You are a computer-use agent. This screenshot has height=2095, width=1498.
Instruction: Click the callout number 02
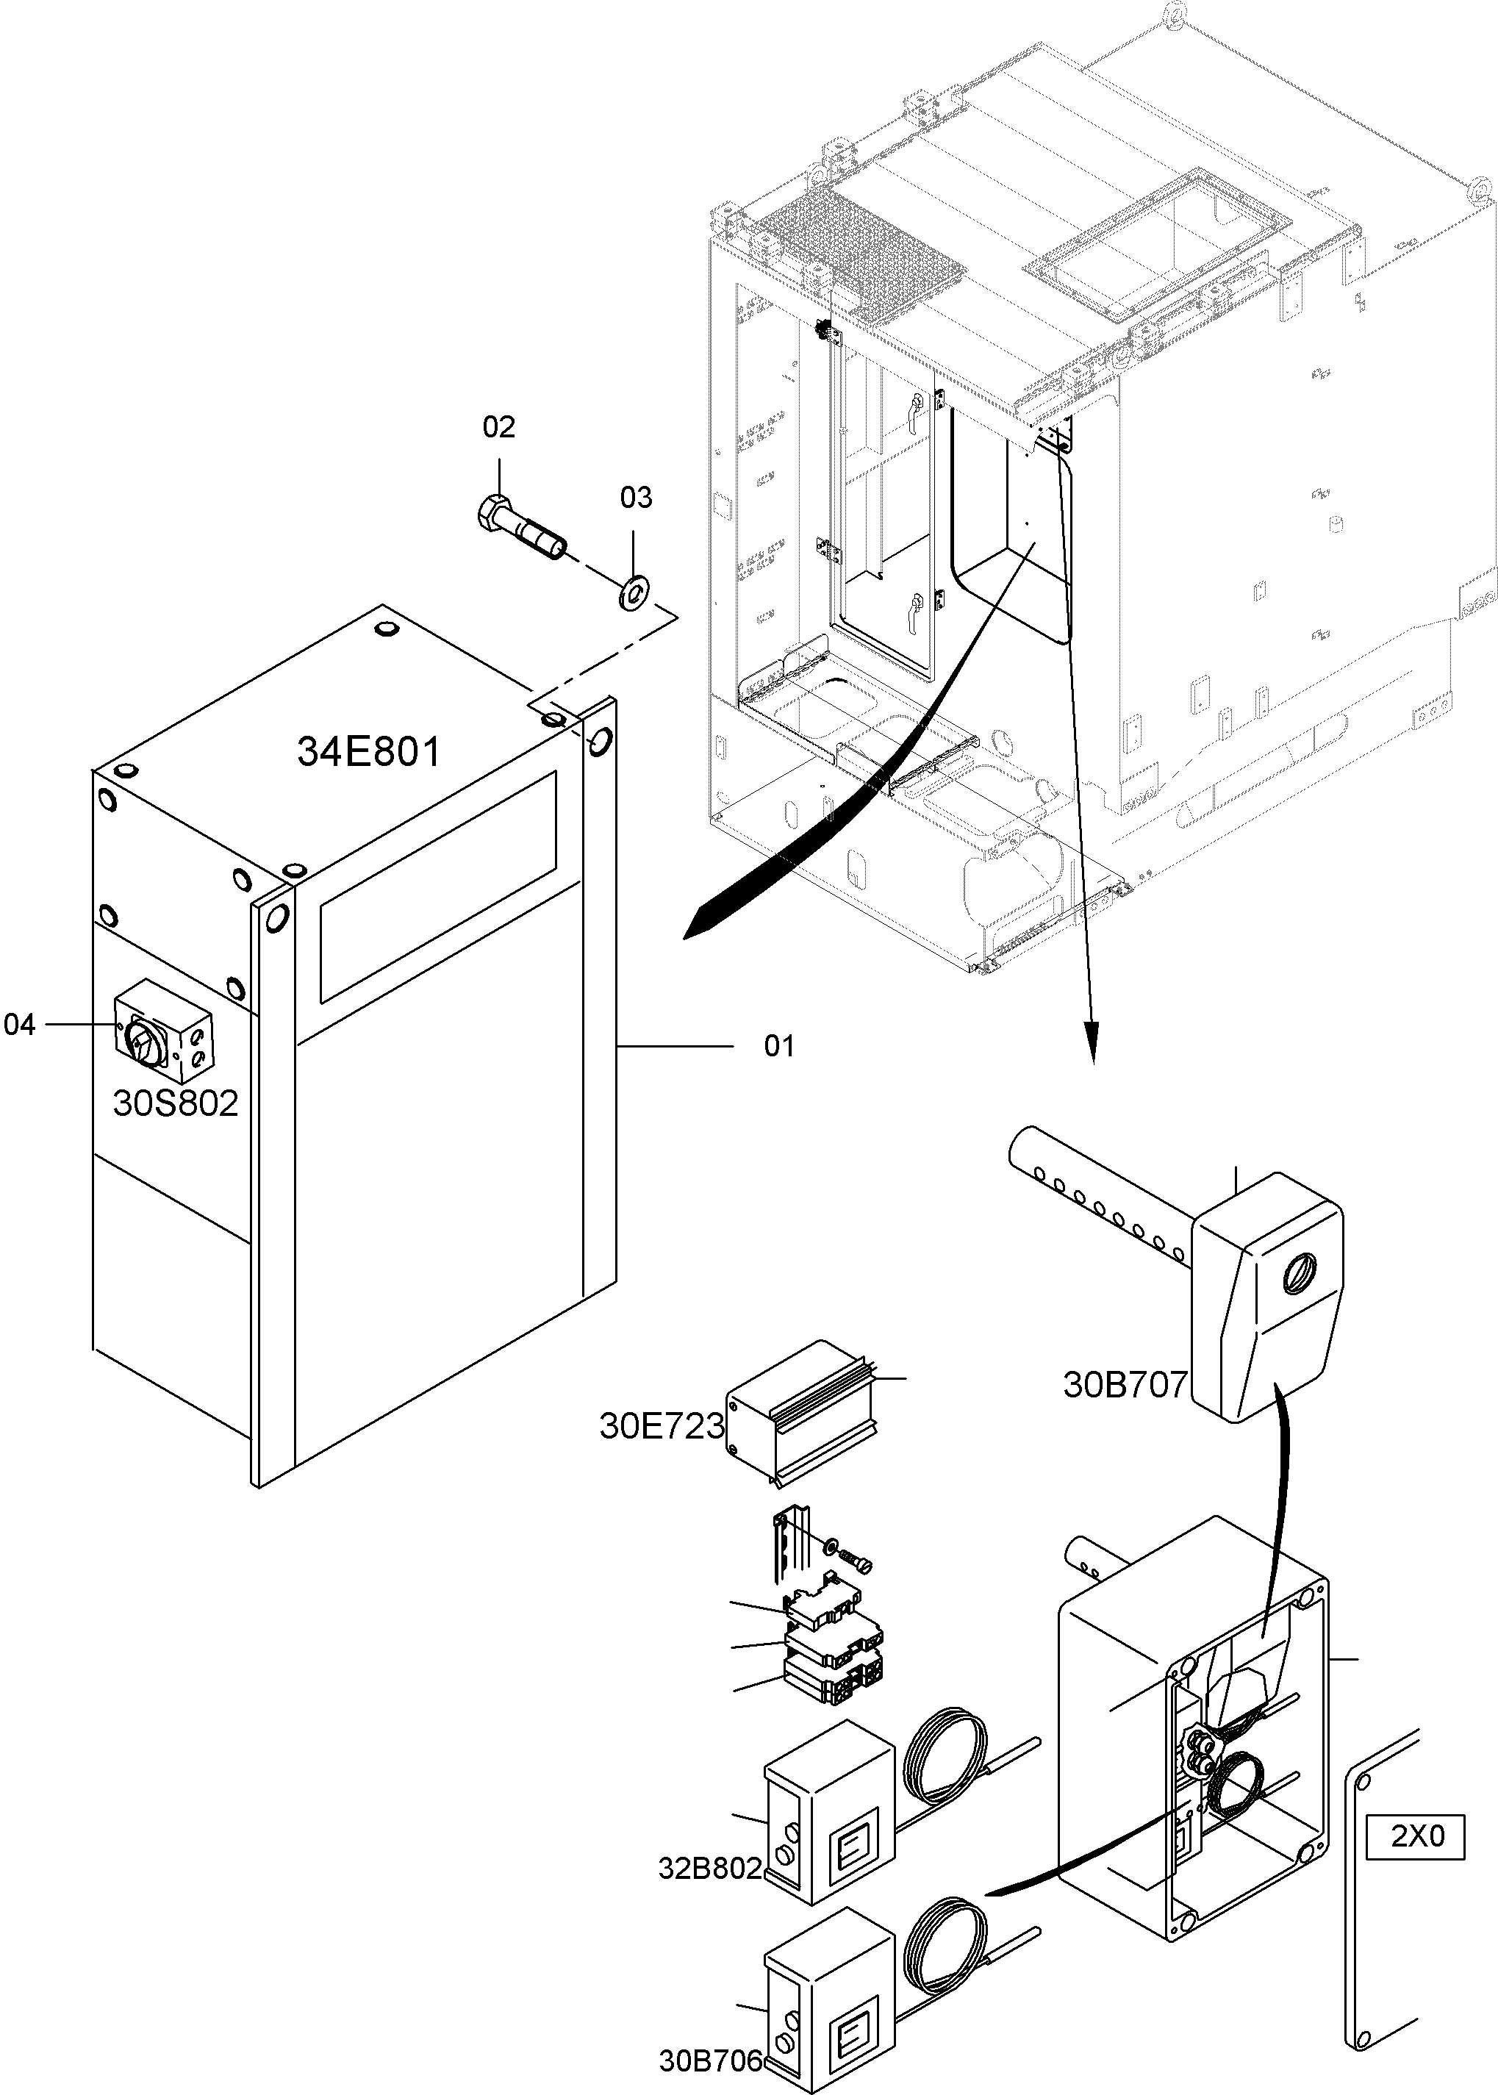pyautogui.click(x=498, y=427)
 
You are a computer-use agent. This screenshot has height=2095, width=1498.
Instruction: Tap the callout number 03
pyautogui.click(x=636, y=498)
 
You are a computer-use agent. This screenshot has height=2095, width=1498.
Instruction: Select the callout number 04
pyautogui.click(x=19, y=1025)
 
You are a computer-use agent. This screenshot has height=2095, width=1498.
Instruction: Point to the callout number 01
pyautogui.click(x=778, y=1046)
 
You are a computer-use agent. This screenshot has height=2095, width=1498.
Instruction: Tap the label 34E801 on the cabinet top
pyautogui.click(x=369, y=752)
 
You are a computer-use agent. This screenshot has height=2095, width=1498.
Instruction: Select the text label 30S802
pyautogui.click(x=175, y=1103)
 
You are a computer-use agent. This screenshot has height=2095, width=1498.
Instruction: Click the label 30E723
pyautogui.click(x=662, y=1426)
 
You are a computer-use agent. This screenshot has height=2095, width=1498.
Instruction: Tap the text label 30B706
pyautogui.click(x=710, y=2061)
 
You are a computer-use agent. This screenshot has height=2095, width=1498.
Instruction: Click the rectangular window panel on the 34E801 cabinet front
pyautogui.click(x=438, y=887)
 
